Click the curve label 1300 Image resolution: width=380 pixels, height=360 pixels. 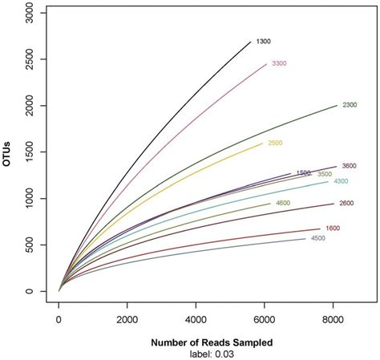coord(263,41)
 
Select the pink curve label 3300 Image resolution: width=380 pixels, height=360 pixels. coord(279,63)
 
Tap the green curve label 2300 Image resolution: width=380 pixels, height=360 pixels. coord(350,105)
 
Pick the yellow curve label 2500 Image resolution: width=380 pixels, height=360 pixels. coord(275,143)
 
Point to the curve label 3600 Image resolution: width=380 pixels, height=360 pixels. coord(350,166)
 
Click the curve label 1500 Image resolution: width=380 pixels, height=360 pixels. coord(303,172)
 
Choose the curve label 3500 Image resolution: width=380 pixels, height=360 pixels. coord(325,174)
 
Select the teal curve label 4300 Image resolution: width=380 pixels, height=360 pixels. coord(342,181)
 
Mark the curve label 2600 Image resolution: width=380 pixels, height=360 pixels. coord(346,203)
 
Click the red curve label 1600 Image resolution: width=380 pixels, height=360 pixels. coord(334,229)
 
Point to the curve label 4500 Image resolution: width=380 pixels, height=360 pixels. coord(318,238)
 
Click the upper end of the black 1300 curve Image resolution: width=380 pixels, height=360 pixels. coord(250,41)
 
